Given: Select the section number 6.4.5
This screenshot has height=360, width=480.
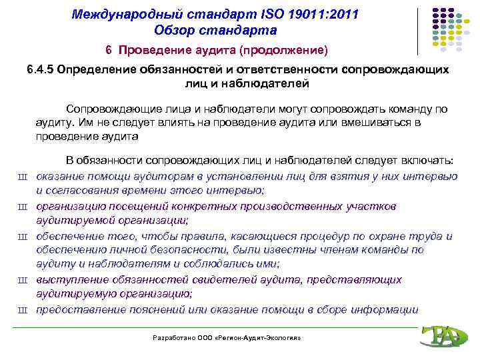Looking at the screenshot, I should (x=39, y=71).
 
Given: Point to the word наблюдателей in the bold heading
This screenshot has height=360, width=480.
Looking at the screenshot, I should (x=257, y=85).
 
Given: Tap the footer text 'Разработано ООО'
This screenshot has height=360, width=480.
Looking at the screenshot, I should (x=183, y=339).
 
